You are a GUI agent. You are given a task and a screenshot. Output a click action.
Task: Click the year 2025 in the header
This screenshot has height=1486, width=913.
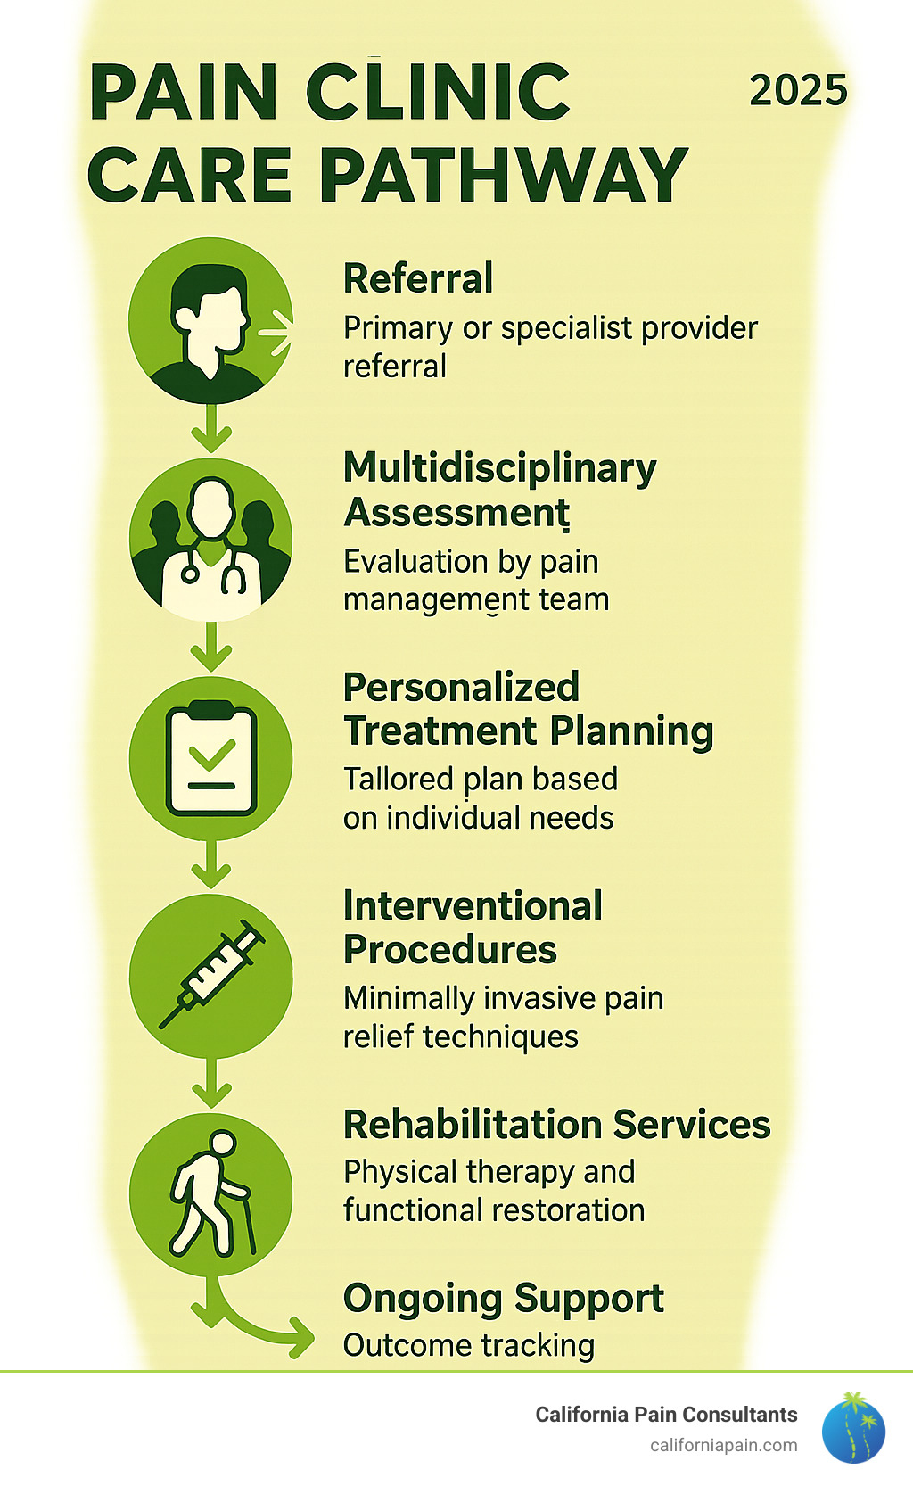[x=798, y=91]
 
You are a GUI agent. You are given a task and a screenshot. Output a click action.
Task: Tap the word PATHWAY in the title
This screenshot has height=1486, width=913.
[x=503, y=175]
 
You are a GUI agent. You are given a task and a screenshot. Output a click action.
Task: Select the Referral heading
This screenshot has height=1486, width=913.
[x=418, y=278]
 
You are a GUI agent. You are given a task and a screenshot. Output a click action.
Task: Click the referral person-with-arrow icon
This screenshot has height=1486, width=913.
[x=210, y=319]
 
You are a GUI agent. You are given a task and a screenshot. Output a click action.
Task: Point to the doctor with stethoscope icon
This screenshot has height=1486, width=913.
[x=210, y=541]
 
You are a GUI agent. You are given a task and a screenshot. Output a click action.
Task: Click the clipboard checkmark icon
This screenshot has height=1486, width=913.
[x=211, y=759]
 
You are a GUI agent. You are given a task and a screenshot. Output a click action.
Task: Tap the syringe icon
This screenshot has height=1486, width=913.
[x=211, y=977]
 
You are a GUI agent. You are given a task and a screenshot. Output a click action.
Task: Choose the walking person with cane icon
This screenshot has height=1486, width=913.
[x=211, y=1194]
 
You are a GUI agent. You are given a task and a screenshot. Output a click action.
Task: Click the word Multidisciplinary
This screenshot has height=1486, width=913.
[x=500, y=468]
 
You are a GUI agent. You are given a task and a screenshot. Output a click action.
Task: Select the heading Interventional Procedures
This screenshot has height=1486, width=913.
[x=473, y=928]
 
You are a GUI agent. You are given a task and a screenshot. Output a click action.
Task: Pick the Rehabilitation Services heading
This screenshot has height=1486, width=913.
[x=556, y=1125]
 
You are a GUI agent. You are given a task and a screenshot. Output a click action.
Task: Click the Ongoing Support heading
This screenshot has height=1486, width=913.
[x=503, y=1299]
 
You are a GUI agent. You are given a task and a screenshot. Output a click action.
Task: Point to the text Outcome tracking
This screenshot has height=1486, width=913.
[x=469, y=1345]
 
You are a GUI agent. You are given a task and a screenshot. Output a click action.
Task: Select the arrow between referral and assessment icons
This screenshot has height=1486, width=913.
[x=211, y=428]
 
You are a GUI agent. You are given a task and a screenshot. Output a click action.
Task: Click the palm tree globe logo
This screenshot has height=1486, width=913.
[x=853, y=1427]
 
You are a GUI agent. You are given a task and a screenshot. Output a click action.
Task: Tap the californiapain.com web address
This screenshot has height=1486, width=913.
[x=723, y=1445]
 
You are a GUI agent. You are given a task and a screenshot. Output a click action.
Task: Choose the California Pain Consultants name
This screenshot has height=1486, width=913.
[x=666, y=1415]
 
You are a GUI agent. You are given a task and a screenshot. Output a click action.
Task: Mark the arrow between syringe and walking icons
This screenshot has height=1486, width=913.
[x=211, y=1083]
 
